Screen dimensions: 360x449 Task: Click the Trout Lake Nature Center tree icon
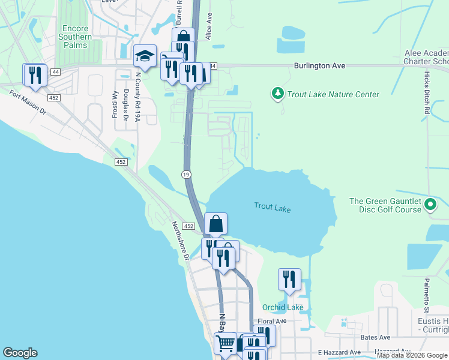pos(277,94)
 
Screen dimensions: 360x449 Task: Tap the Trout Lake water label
pos(273,208)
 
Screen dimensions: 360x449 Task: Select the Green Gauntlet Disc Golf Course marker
pos(430,205)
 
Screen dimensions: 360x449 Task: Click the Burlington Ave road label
pos(319,65)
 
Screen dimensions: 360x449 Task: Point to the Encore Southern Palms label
pos(76,37)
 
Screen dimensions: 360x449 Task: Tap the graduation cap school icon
pos(145,56)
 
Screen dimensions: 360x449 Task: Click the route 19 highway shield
pos(186,173)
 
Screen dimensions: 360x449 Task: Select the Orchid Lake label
pos(283,307)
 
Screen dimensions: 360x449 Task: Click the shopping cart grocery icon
pos(226,343)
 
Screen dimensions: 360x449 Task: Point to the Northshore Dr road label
pos(180,241)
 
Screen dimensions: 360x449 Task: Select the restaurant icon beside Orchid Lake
pos(289,279)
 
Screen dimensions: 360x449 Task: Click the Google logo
pos(20,353)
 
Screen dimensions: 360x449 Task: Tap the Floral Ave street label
pos(272,322)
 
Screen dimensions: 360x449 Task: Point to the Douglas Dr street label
pos(126,103)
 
